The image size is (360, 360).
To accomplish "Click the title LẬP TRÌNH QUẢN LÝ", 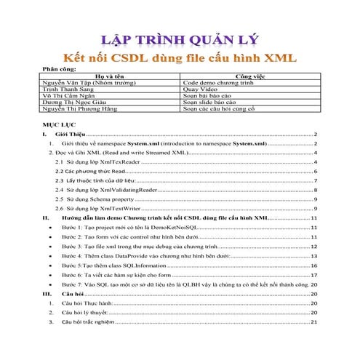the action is coord(180,38).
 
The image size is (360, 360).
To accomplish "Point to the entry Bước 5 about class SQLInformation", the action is coord(120,266).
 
